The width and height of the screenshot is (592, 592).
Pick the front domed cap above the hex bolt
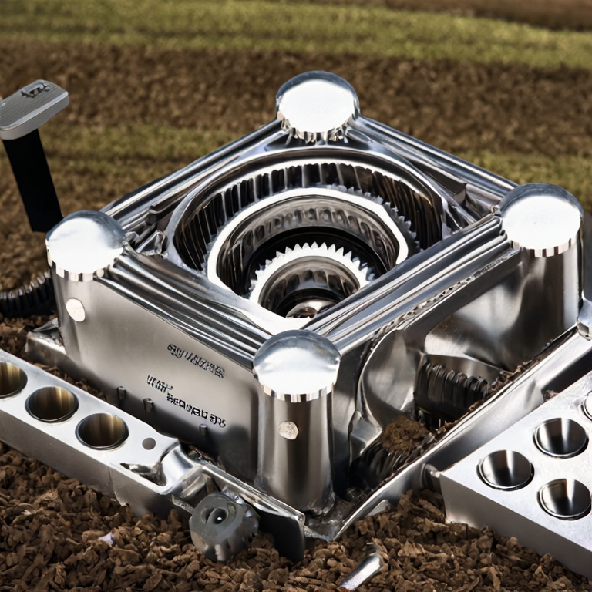click(297, 362)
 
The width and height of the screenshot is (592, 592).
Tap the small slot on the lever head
click(35, 90)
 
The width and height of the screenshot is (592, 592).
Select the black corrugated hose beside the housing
click(27, 297)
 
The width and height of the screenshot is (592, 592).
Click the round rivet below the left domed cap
click(76, 310)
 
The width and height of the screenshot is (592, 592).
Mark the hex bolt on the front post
click(288, 430)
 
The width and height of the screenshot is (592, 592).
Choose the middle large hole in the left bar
click(52, 403)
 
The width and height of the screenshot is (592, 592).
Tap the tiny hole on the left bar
click(149, 443)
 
